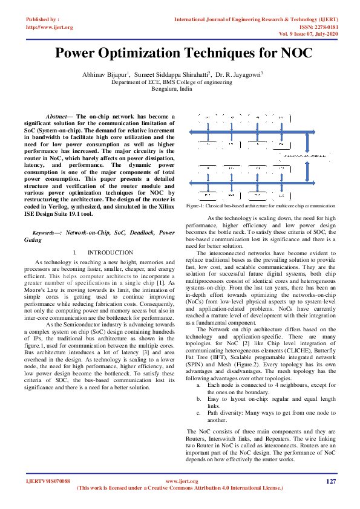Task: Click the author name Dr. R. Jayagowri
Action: [x=239, y=73]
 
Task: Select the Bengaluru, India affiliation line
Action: [x=172, y=88]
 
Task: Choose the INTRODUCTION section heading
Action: [x=110, y=252]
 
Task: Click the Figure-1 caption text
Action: [x=260, y=206]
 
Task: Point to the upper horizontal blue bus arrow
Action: [x=247, y=131]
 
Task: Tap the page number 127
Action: [x=330, y=481]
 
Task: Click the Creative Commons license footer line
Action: [x=180, y=488]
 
